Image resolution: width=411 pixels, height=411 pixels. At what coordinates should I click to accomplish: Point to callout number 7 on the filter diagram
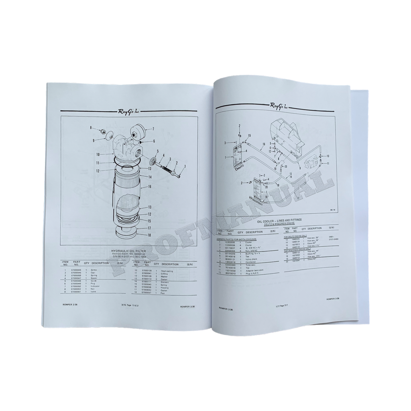coord(153,129)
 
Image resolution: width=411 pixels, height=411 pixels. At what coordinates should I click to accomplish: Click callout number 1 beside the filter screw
coord(185,166)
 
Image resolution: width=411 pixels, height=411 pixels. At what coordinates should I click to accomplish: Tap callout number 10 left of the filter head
coord(98,154)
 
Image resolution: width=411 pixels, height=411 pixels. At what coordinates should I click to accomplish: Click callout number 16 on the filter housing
coord(149,187)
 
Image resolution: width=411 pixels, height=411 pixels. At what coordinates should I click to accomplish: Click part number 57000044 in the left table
coord(76,271)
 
